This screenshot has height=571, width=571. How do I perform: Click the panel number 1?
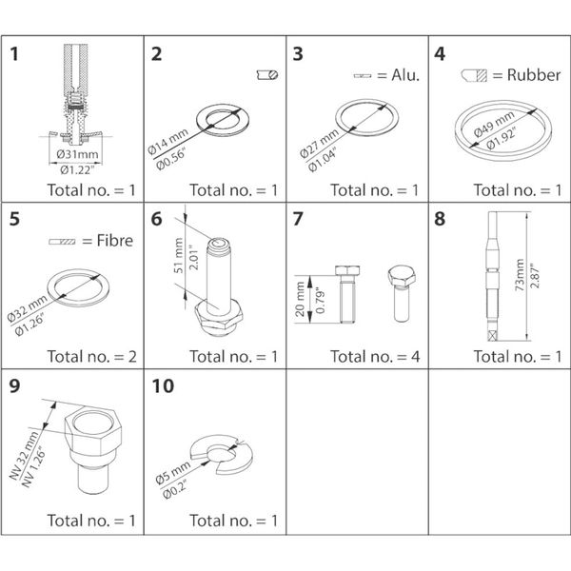pyautogui.click(x=16, y=55)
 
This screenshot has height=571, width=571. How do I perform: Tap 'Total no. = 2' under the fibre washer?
pyautogui.click(x=92, y=356)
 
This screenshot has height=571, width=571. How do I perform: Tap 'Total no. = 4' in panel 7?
pyautogui.click(x=374, y=356)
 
